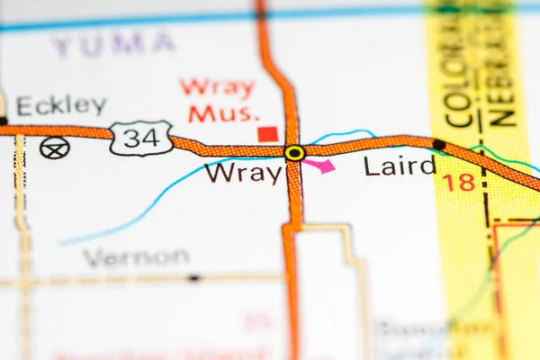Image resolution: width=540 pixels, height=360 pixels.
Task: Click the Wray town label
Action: pos(243,172)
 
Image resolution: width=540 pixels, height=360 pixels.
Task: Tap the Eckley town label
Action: pos(61,106)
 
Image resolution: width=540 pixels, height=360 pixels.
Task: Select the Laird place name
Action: pos(400,166)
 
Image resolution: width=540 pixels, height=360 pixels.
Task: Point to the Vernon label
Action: pos(136,257)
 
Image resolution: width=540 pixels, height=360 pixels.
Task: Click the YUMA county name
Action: pos(113,42)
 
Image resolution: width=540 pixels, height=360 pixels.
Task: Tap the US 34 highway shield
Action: pos(141,138)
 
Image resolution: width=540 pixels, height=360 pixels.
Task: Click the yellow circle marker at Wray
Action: pos(294,153)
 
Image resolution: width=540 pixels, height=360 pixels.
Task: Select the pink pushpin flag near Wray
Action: pos(320,165)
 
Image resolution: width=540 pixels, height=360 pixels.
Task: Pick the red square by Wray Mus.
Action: pos(267,134)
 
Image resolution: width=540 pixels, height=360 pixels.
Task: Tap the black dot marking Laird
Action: pos(438,144)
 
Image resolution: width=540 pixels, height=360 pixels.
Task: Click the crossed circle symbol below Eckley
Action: pos(54,148)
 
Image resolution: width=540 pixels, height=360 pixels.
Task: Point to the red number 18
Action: pos(458,183)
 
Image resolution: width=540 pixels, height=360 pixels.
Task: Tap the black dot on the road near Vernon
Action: pos(193,278)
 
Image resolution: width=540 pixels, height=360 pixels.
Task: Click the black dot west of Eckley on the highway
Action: pos(3,121)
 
